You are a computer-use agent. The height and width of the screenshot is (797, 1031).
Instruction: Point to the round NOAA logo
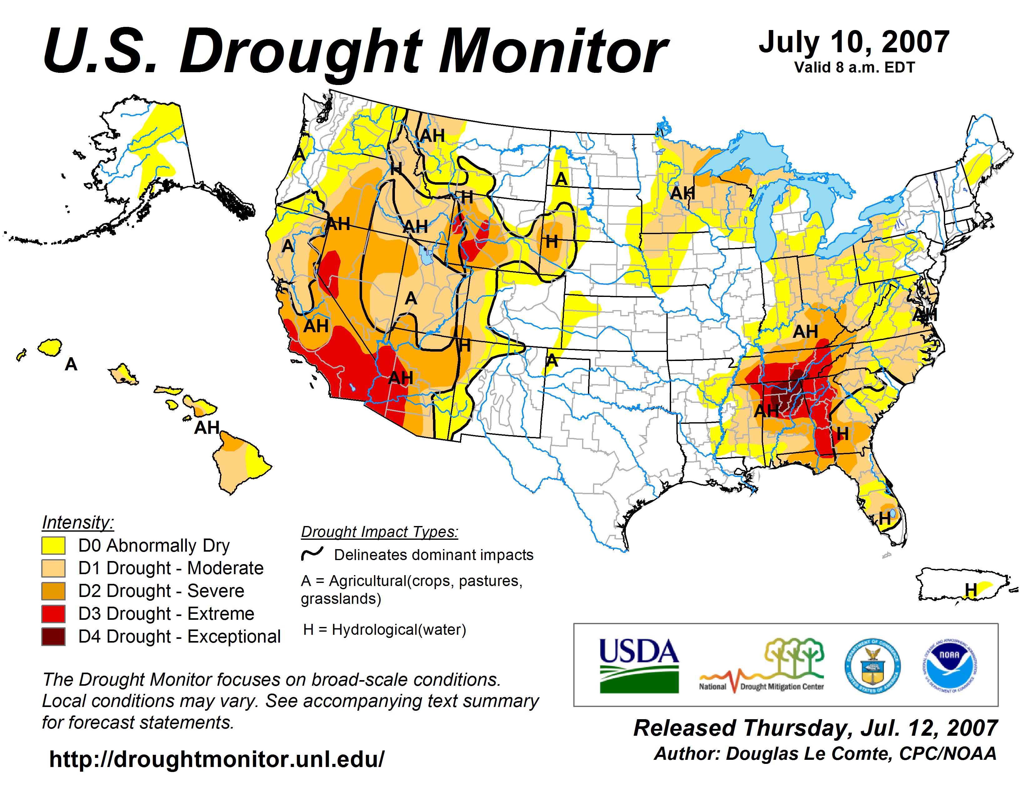(949, 666)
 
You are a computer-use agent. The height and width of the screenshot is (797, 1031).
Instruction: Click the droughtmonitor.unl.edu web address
(217, 759)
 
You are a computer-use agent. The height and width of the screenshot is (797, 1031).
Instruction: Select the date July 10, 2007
(854, 42)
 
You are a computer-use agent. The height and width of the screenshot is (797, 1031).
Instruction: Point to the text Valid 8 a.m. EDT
(854, 68)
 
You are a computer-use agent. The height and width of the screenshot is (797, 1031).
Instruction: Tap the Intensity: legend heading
(78, 522)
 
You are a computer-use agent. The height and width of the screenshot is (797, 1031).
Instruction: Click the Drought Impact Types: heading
(380, 532)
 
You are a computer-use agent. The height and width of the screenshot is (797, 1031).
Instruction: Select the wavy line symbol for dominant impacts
(312, 553)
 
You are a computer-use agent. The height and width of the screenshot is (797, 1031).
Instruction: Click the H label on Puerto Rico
(971, 590)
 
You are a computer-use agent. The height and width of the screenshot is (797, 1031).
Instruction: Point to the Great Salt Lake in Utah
(426, 255)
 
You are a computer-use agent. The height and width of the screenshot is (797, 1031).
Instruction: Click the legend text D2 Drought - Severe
(161, 591)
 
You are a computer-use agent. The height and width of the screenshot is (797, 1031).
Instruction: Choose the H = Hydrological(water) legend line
(384, 629)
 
